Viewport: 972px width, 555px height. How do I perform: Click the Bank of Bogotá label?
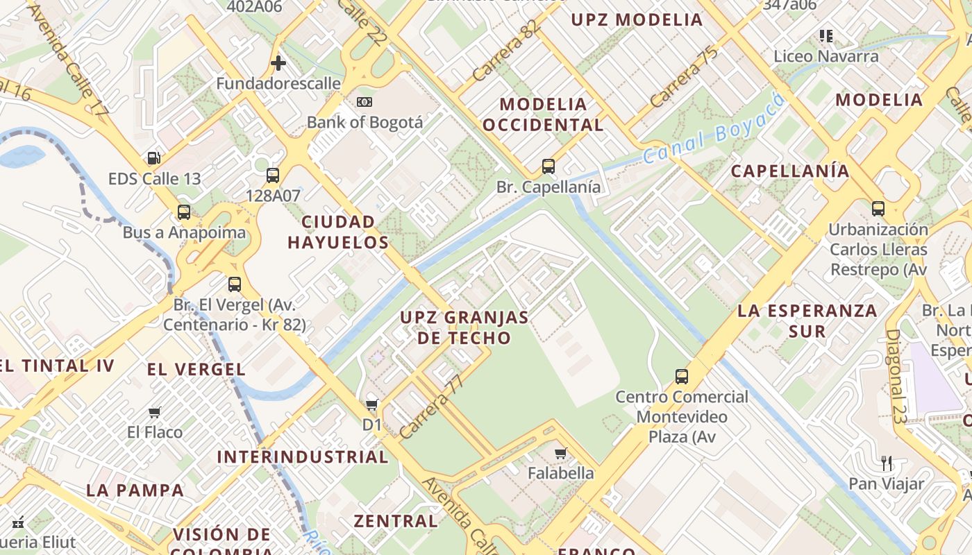tap(364, 122)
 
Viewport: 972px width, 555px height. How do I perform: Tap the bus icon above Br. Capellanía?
tap(548, 166)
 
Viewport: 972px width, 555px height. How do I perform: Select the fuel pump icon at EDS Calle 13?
tap(154, 158)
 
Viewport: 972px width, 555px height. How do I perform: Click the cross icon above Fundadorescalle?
tap(278, 64)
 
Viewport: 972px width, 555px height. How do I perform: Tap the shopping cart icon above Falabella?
tap(561, 454)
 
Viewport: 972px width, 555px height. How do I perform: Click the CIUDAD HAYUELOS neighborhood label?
tap(338, 232)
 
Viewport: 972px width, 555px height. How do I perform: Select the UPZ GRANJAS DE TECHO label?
tap(464, 327)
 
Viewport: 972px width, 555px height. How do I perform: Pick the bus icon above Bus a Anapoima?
tap(184, 212)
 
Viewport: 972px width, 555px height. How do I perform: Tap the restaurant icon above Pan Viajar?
tap(887, 463)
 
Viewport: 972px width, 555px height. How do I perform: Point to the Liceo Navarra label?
tap(826, 56)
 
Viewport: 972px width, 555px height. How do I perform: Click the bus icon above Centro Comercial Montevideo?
tap(682, 377)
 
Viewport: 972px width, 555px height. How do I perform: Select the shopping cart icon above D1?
tap(373, 404)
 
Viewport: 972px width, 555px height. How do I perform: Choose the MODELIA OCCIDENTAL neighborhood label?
tap(543, 114)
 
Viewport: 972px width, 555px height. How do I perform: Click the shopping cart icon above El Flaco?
tap(155, 413)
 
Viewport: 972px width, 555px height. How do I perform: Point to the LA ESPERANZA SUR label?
tap(807, 321)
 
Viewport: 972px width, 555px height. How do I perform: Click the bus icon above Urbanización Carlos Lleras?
tap(878, 208)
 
